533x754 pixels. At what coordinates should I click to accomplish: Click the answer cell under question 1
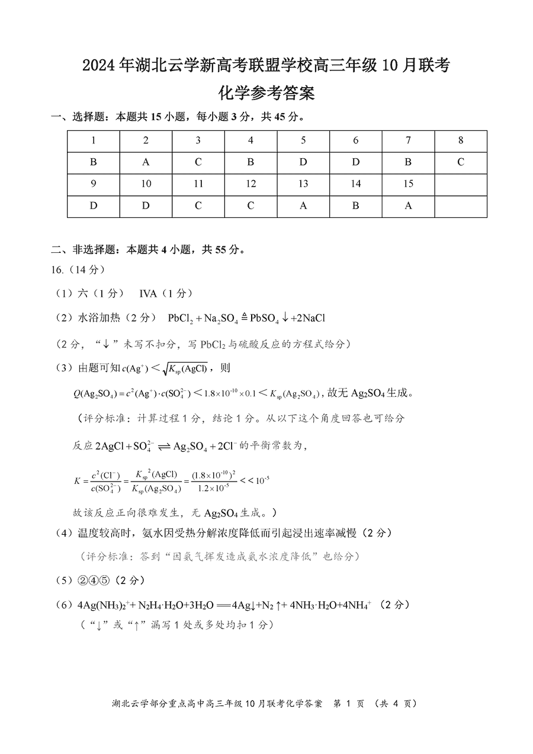94,162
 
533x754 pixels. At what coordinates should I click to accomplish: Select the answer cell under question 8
460,162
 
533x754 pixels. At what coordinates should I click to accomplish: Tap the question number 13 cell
303,184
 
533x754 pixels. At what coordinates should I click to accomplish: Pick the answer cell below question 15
408,206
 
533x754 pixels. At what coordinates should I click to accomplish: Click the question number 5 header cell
303,141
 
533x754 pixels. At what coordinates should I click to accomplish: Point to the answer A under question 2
146,162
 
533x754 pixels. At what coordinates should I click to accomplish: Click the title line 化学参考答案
266,93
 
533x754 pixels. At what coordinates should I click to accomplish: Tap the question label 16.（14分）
78,270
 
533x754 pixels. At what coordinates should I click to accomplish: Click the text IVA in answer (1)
149,293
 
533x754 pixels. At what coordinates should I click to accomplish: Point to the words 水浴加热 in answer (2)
99,318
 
